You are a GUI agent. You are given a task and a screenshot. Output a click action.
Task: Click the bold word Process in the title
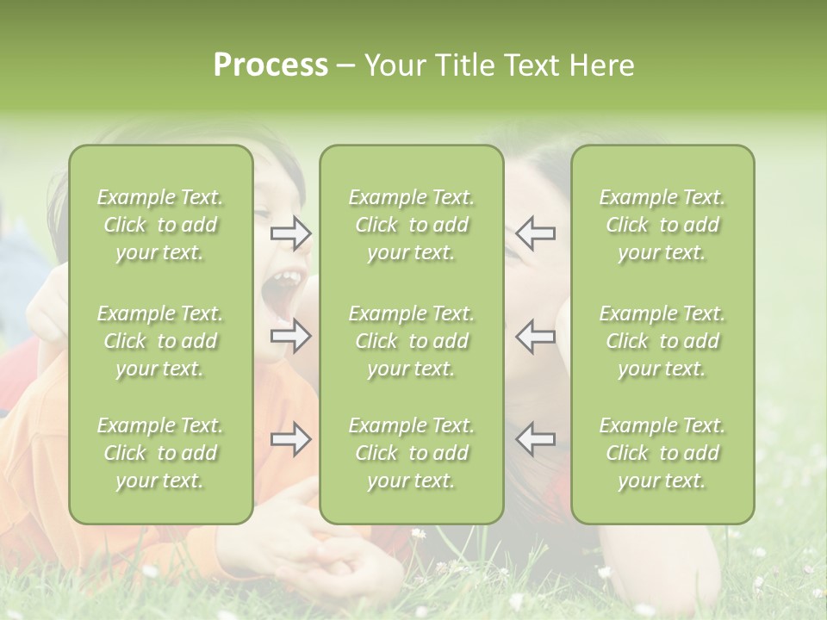pos(270,65)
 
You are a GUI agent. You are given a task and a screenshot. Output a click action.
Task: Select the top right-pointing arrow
pos(291,233)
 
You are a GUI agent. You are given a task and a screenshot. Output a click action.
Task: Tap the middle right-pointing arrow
pos(291,336)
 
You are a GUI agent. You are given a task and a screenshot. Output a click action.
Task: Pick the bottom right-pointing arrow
pos(291,440)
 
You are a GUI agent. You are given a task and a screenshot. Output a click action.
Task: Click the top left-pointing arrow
pos(535,232)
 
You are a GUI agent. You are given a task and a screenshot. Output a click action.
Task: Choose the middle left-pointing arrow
pos(535,336)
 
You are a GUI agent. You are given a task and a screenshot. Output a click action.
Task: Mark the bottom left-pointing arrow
pos(535,439)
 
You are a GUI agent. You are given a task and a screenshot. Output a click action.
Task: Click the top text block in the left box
pos(160,225)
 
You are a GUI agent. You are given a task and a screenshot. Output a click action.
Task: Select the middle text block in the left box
pos(160,341)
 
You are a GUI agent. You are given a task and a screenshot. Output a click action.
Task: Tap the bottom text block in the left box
pos(160,453)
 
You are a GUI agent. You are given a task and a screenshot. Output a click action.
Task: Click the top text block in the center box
pos(412,225)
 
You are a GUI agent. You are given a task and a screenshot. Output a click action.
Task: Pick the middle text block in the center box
pos(412,341)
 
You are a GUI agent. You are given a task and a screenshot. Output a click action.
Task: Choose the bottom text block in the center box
pos(412,453)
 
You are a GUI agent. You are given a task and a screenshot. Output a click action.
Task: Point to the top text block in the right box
pos(662,225)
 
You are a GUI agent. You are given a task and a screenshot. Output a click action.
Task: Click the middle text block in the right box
pos(662,341)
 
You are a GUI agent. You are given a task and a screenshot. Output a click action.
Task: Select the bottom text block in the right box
pos(662,453)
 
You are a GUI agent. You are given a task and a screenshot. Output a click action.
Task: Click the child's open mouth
pos(284,293)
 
